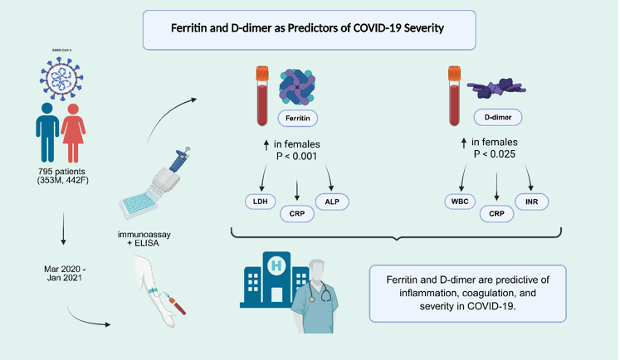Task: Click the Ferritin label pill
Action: [299, 119]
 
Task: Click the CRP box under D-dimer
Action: [497, 213]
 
